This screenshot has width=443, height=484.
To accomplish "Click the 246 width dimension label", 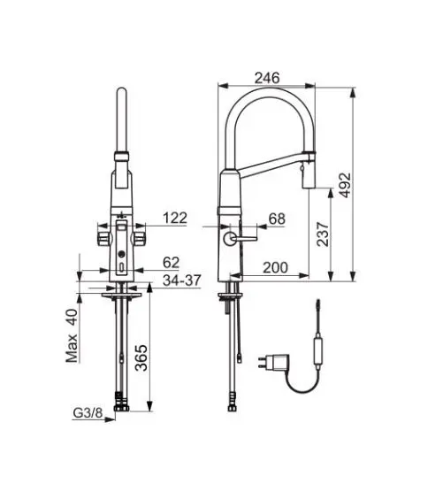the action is coord(267,78).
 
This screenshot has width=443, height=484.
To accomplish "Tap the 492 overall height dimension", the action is coord(345,185).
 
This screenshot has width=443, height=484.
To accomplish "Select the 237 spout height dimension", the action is coord(323,234).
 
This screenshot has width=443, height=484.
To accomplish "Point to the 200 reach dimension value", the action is coord(275,267).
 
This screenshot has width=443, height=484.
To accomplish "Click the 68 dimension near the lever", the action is coord(277,219).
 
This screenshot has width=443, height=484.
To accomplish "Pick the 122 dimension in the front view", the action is coord(175,218).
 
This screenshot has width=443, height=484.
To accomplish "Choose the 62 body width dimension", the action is coord(171,263).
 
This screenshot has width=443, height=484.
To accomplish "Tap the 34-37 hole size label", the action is coord(181,280).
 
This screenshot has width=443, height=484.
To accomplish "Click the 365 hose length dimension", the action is coord(141,357).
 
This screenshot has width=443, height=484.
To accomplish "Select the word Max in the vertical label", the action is coord(72,348).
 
